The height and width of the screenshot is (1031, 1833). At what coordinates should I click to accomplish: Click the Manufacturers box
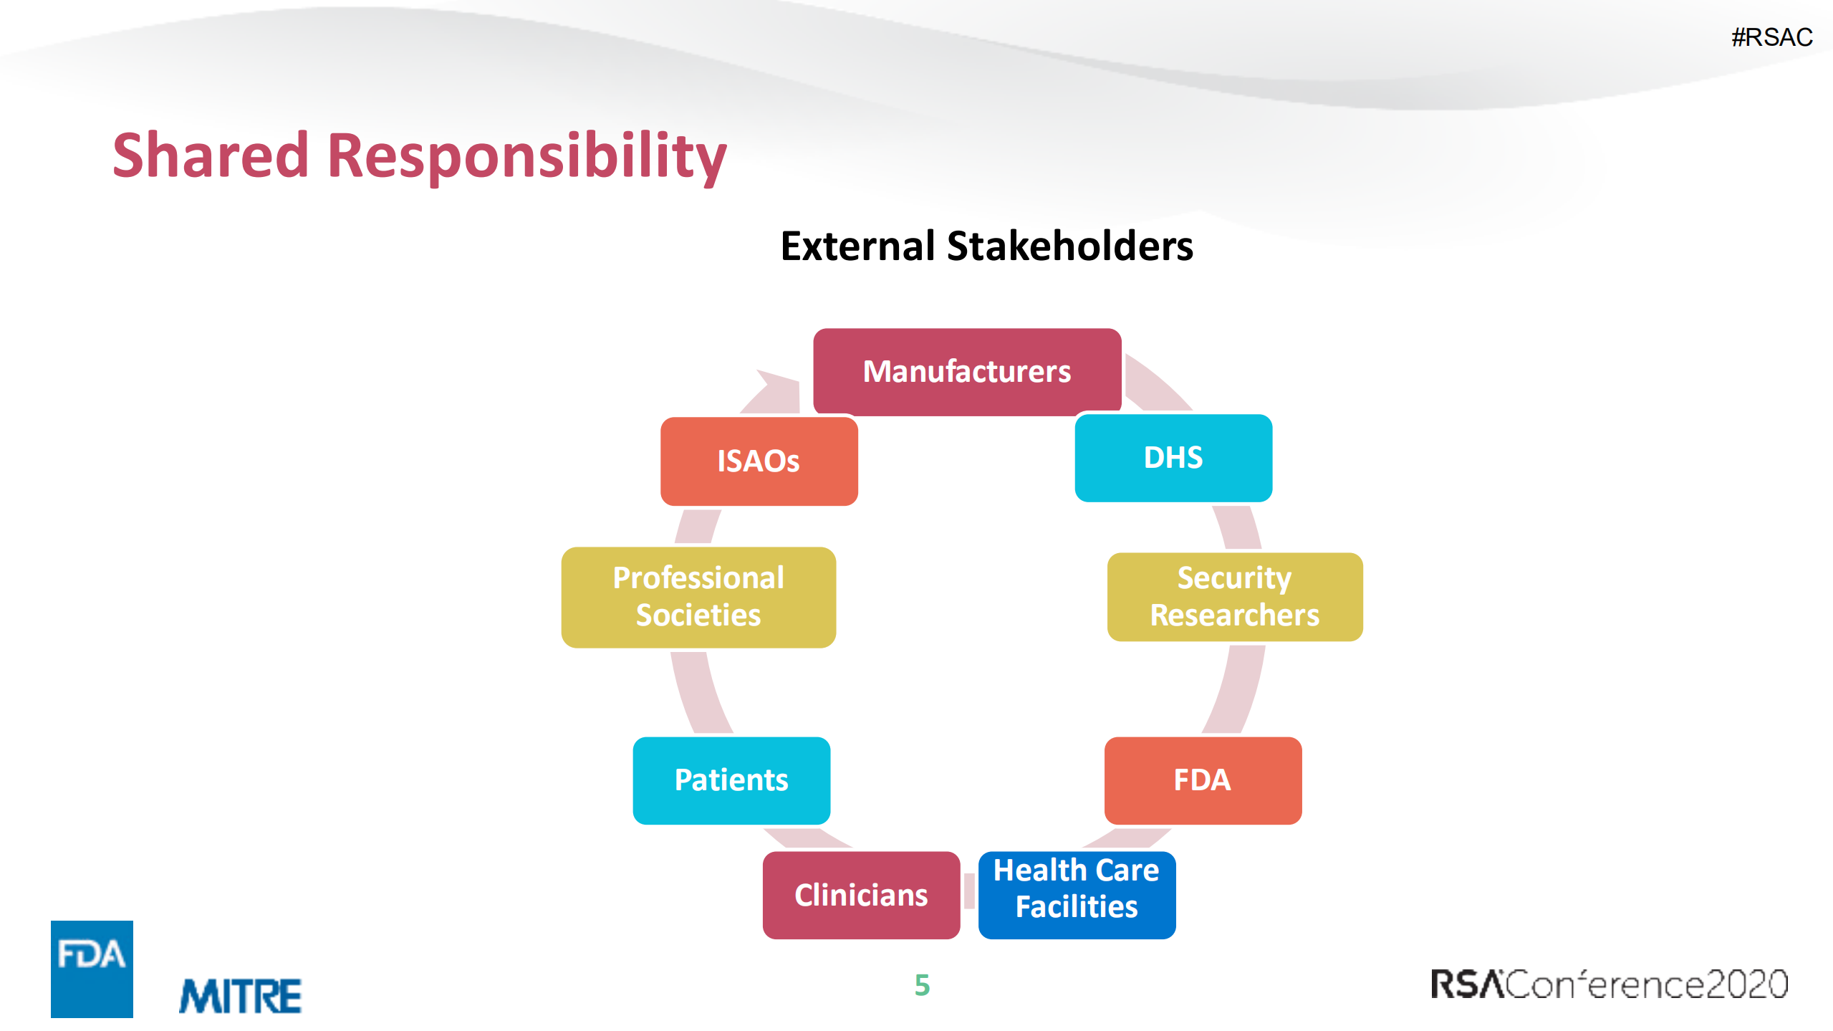click(x=967, y=371)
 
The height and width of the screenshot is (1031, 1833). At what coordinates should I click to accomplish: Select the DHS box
click(x=1173, y=458)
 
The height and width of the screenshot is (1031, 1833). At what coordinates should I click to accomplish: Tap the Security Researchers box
click(x=1235, y=597)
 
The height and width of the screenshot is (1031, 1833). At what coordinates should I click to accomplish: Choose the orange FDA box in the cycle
click(x=1203, y=780)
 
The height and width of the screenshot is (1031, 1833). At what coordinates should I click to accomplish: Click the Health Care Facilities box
click(x=1077, y=895)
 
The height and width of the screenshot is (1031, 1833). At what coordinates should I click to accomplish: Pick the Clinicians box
click(x=861, y=895)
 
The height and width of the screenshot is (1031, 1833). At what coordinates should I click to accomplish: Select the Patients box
click(x=731, y=780)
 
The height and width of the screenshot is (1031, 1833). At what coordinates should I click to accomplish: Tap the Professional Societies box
click(x=698, y=598)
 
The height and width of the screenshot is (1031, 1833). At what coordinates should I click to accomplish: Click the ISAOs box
click(x=759, y=461)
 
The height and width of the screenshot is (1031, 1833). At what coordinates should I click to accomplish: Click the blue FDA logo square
click(x=92, y=969)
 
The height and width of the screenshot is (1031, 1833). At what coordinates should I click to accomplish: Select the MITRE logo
click(x=240, y=996)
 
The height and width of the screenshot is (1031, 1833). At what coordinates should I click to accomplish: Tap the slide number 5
click(x=922, y=985)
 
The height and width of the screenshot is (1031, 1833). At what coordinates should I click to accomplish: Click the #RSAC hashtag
click(x=1771, y=37)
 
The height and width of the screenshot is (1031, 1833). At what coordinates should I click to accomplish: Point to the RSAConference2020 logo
click(x=1609, y=984)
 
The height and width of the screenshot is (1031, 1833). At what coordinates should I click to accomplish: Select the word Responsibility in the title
click(x=526, y=158)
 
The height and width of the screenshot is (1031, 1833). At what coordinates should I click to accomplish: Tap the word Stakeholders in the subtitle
click(x=1070, y=246)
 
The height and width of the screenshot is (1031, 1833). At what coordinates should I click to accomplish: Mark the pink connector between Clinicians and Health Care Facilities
click(x=969, y=891)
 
